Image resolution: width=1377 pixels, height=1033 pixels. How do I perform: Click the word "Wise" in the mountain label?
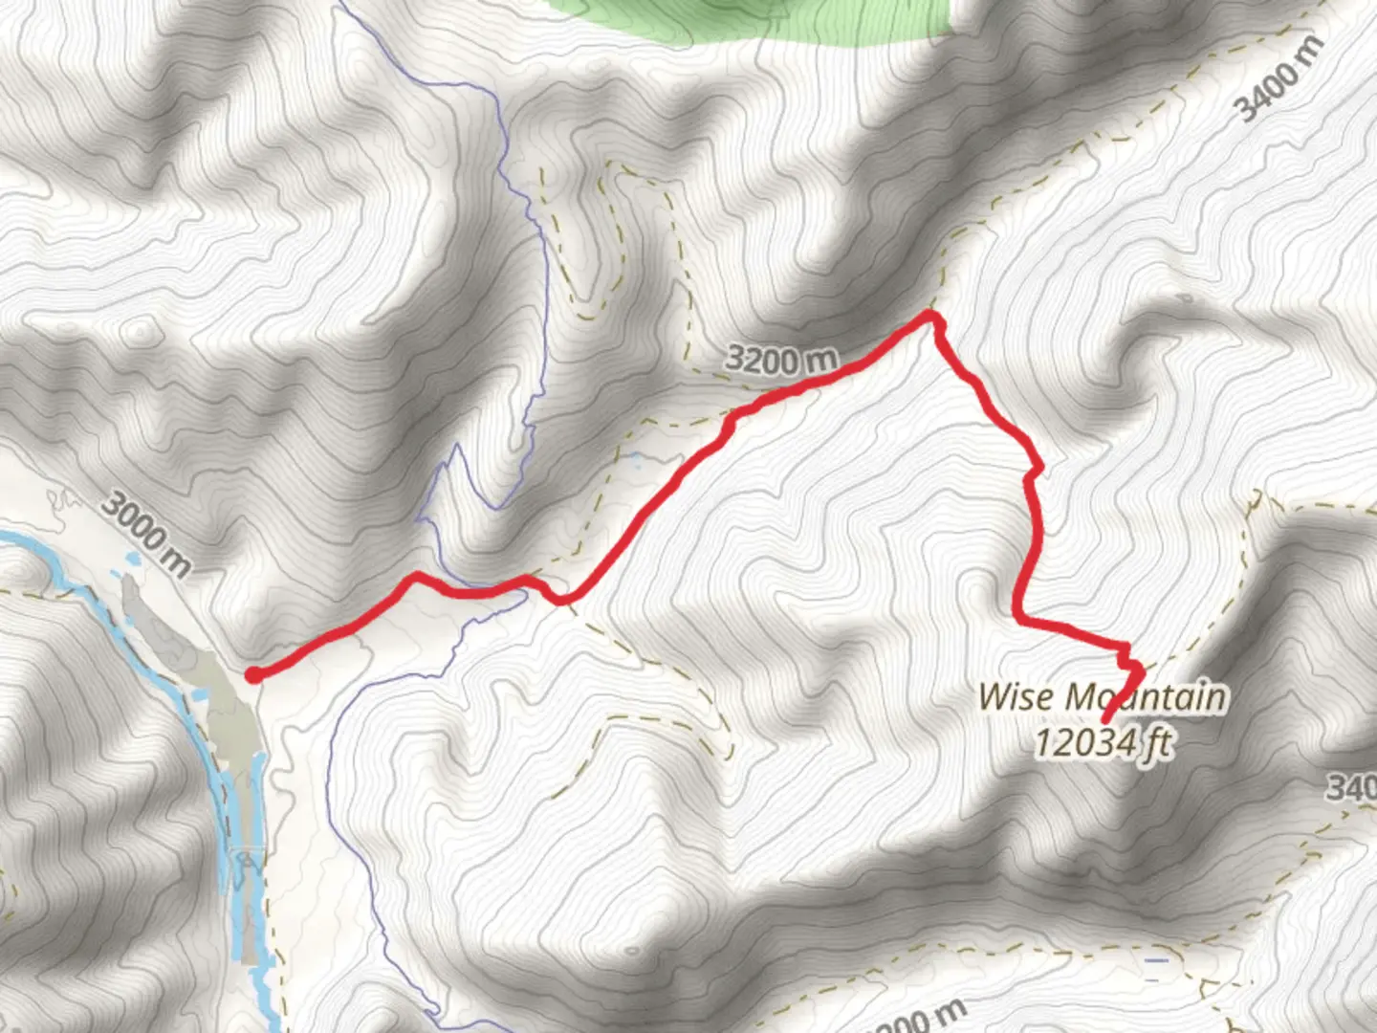coord(1016,695)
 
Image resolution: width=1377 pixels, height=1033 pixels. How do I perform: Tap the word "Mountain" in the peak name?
coord(1146,696)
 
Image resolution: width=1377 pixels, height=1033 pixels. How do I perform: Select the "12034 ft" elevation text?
coord(1103,741)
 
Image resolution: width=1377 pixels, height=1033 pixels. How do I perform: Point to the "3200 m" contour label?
coord(780,360)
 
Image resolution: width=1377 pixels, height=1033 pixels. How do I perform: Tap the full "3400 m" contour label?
coord(1279,78)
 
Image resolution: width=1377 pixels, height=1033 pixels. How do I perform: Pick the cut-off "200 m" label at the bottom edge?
coord(918,1016)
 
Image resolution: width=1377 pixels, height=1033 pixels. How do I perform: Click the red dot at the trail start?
coord(253,675)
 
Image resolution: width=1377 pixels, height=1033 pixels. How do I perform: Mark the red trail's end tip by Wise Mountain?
coord(1106,720)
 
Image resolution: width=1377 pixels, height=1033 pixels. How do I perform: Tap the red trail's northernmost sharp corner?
coord(931,315)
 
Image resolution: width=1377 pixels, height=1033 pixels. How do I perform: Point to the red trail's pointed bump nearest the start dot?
coord(417,576)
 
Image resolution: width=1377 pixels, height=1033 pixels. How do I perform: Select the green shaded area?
coord(765,19)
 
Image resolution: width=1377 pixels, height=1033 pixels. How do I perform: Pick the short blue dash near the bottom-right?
coord(1157,959)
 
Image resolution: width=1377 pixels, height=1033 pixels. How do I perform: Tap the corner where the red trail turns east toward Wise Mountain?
coord(1020,620)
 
